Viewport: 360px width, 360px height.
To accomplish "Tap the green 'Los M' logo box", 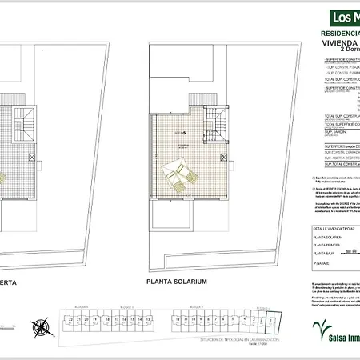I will click(x=334, y=17).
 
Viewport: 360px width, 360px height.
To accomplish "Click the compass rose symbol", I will click(x=39, y=326).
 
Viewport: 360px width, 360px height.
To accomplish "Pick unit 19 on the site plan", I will click(x=96, y=319).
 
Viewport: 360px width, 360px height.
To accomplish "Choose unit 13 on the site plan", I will click(x=147, y=319).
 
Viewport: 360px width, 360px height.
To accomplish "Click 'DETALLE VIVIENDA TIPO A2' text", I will click(x=331, y=228).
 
